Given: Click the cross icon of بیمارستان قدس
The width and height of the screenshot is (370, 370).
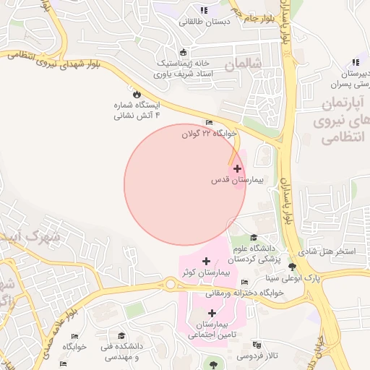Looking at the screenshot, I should click(237, 168).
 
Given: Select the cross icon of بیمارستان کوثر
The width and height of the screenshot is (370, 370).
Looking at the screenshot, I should click(207, 261).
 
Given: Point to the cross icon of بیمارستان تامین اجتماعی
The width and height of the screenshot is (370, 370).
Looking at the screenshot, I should click(212, 314).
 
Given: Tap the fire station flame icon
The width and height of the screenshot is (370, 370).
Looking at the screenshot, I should click(136, 94).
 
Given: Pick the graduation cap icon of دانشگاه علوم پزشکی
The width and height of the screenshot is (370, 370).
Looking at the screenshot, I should click(253, 238).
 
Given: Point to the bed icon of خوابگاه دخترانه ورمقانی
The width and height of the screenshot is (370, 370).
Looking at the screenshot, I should click(245, 282).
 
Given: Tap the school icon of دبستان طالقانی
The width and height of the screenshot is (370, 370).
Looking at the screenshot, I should click(204, 10).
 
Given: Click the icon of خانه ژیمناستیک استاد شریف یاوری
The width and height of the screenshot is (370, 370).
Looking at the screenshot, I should click(183, 52).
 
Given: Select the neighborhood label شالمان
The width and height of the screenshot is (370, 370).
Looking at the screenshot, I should click(242, 64).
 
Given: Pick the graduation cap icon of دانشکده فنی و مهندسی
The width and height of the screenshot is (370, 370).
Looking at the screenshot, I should click(121, 336).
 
